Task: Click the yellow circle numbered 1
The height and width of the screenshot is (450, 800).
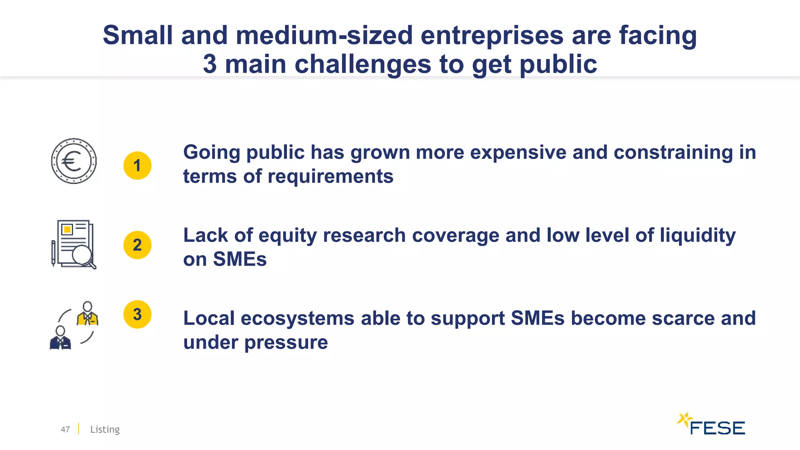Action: tap(137, 166)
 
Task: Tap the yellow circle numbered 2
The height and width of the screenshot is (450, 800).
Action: tap(137, 245)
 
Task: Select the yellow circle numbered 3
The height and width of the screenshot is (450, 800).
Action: tap(137, 314)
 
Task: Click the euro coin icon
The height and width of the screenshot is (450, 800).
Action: tap(74, 161)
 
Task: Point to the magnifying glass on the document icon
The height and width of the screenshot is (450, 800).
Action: tap(83, 255)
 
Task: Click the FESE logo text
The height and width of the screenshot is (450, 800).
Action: tap(717, 428)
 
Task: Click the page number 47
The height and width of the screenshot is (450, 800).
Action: tap(65, 429)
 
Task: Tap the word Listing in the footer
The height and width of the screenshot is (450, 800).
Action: tap(105, 429)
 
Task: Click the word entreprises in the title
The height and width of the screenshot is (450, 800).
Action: tap(492, 35)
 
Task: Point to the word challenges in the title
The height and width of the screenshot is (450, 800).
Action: tap(362, 64)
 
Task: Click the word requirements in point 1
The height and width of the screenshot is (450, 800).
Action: tap(330, 177)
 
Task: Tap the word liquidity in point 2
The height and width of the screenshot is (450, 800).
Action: tap(697, 236)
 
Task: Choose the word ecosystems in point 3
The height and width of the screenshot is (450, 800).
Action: tap(297, 318)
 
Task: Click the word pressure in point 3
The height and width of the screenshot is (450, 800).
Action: tap(286, 343)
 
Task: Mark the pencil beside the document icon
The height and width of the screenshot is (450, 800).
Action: tap(54, 253)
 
